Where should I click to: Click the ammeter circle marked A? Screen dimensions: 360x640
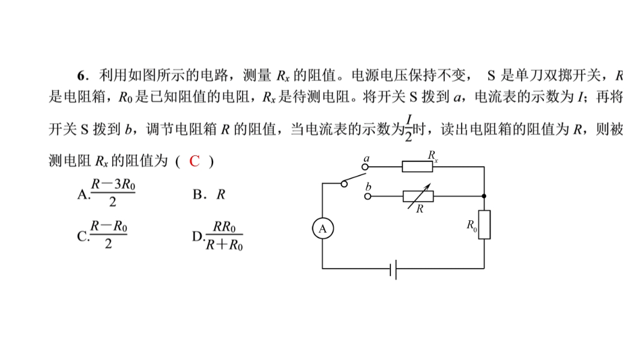point(323,229)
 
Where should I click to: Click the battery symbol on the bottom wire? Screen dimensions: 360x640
point(393,269)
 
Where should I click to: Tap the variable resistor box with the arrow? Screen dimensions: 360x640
point(418,196)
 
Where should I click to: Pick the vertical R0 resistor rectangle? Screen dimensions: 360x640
point(485,224)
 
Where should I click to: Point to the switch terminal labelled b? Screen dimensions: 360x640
point(367,196)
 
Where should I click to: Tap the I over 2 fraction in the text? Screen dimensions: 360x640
point(409,127)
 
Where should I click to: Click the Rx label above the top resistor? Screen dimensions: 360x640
point(433,155)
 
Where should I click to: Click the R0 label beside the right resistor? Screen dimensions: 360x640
point(472,226)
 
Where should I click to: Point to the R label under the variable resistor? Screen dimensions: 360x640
point(420,209)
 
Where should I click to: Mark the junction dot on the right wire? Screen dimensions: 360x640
point(485,196)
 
